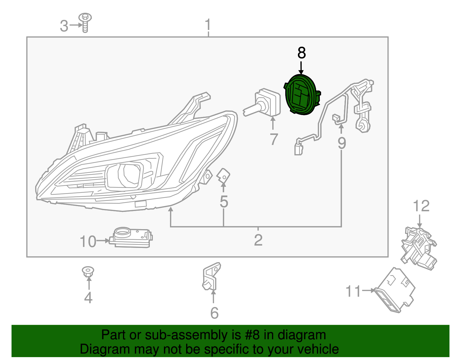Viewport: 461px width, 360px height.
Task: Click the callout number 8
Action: tap(301, 53)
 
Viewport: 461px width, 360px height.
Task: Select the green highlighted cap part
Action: tap(301, 95)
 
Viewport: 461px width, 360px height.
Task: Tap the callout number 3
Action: tap(64, 26)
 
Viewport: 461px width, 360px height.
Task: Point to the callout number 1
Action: tap(208, 25)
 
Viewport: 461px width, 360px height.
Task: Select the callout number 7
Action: tap(273, 139)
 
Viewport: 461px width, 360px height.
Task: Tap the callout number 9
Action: tap(342, 143)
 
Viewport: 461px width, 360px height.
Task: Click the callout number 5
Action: tap(224, 201)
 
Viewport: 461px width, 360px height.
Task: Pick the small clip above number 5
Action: tap(223, 176)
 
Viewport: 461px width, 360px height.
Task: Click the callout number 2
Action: tap(258, 240)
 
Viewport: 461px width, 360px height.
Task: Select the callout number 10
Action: tap(88, 242)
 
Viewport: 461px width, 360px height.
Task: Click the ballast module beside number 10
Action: tap(131, 238)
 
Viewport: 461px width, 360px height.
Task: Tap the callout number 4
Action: tap(88, 297)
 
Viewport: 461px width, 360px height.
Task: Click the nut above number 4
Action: tap(88, 271)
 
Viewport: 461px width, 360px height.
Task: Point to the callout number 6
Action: tap(214, 313)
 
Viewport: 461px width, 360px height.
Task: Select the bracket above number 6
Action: tap(211, 276)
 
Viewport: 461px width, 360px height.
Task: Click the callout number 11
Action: tap(353, 291)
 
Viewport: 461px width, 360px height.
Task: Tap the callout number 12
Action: tap(421, 206)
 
